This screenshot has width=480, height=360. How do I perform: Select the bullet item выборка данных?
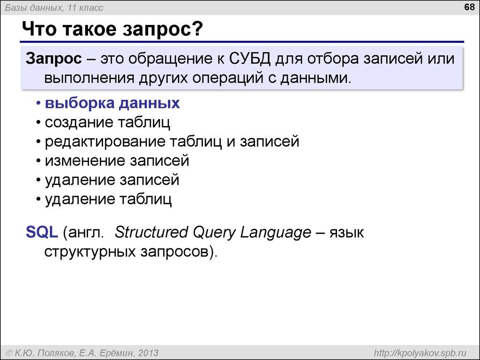pyautogui.click(x=112, y=103)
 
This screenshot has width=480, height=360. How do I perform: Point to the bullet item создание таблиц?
pyautogui.click(x=107, y=122)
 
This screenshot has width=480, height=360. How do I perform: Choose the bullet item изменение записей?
pyautogui.click(x=117, y=161)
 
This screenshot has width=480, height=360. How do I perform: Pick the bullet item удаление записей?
pyautogui.click(x=112, y=180)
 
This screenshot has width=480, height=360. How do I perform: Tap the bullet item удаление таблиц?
pyautogui.click(x=108, y=199)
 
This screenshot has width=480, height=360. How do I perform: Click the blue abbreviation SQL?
pyautogui.click(x=42, y=232)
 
